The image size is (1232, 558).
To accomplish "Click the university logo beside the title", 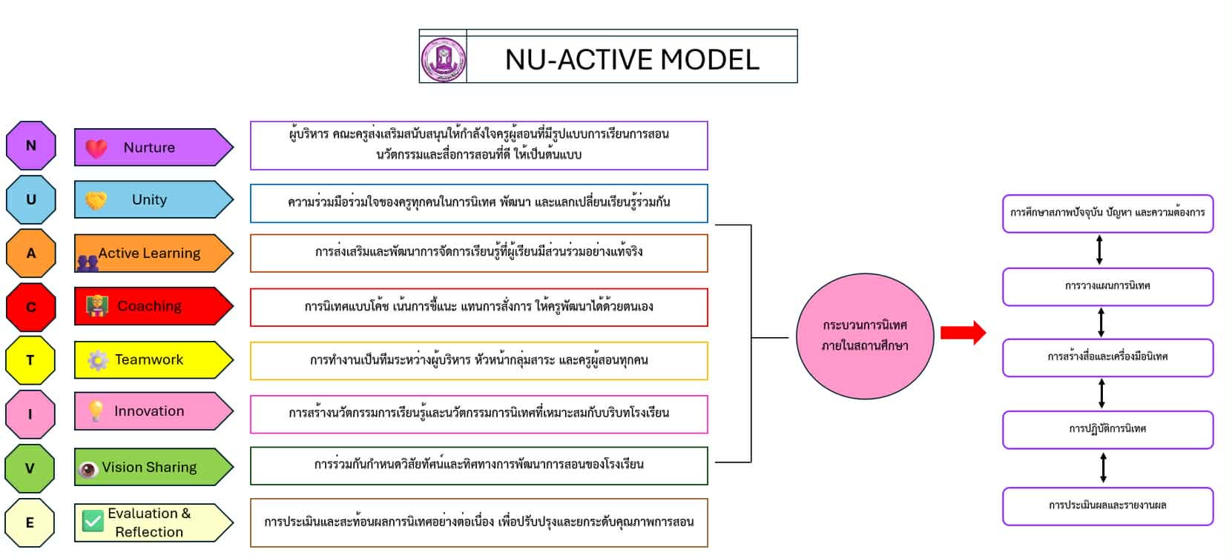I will pos(444,59).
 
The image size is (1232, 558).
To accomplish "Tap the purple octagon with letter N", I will pos(31,146).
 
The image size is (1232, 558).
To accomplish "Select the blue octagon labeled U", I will pos(31,199).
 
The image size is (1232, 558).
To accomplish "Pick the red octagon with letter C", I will pos(31,307).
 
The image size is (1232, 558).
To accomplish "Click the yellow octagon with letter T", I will pos(30,360).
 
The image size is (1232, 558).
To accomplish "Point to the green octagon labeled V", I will pos(30,468).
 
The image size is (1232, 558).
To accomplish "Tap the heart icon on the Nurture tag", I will pos(96,148).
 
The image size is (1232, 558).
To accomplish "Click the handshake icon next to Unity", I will pos(96,201).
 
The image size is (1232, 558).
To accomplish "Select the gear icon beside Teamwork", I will pos(98,360).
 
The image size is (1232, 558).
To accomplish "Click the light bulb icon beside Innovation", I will pos(96,411).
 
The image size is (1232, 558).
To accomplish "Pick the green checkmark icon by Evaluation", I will pos(93,522).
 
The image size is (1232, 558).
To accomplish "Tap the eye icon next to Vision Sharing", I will pos(88,469).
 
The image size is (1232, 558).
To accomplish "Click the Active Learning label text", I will pos(149,253).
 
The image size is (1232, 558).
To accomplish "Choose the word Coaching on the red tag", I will pos(149,306).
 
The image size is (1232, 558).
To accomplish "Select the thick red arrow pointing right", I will pos(963,333).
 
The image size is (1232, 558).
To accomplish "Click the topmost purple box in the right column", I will pos(1107,213).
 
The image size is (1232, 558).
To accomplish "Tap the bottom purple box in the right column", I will pos(1107,506).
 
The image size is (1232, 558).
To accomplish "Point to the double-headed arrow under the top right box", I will pos(1099,250).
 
